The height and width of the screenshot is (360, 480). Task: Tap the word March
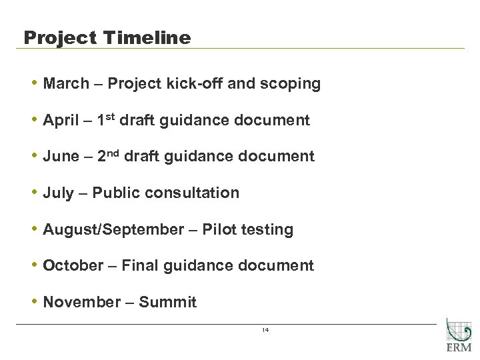pyautogui.click(x=65, y=84)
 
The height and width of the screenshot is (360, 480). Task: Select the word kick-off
pyautogui.click(x=179, y=84)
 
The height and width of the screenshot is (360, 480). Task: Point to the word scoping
pyautogui.click(x=292, y=85)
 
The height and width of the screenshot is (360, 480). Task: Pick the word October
pyautogui.click(x=73, y=265)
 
